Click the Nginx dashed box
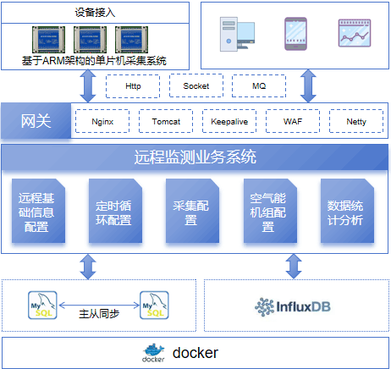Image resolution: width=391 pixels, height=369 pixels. [x=102, y=121]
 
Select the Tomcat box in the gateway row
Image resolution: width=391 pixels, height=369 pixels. [x=166, y=121]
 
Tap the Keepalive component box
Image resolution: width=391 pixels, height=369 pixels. [x=229, y=121]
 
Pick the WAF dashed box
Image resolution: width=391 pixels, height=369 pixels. [x=293, y=121]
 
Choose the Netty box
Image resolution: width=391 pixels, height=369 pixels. [x=356, y=121]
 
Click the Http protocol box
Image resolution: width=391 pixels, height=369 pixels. [x=133, y=86]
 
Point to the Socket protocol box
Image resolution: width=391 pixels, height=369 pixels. [x=196, y=85]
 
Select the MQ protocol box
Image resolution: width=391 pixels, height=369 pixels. [x=259, y=86]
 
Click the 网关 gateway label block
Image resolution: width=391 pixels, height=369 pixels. [x=36, y=121]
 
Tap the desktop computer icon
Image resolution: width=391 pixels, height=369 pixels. [x=237, y=35]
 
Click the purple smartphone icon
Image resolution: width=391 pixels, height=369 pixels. [x=295, y=34]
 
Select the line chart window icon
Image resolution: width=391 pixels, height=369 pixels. [x=355, y=33]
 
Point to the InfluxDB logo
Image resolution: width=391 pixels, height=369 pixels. [x=293, y=306]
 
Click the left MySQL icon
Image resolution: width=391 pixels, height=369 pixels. [x=42, y=306]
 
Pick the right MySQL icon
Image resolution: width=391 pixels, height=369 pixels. [x=154, y=306]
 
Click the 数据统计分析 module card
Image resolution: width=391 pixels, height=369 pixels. [x=347, y=211]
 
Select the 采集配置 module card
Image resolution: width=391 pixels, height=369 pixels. [x=192, y=211]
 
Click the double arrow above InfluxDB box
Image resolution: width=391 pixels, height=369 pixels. [x=294, y=267]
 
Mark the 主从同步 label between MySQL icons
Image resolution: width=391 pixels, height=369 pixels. [x=99, y=313]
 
